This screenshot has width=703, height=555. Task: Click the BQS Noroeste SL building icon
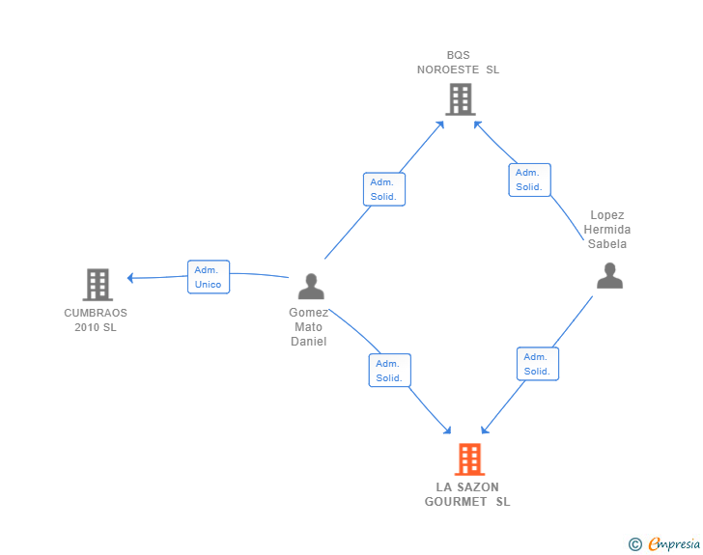pos(461,98)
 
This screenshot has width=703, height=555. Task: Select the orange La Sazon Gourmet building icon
pos(468,459)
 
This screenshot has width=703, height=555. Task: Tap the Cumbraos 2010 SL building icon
pos(97,285)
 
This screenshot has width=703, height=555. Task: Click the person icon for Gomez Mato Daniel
pos(310,287)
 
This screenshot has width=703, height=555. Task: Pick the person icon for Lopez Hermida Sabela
pos(609,275)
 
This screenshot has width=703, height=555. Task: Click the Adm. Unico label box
pos(208,277)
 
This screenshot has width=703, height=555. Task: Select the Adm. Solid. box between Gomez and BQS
pos(384,189)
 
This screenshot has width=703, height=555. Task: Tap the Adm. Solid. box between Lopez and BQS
pos(529,180)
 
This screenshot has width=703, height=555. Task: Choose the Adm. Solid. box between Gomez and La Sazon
pos(389,371)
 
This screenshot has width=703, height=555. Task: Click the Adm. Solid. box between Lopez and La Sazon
pos(537,364)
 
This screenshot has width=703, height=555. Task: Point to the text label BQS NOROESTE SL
pos(459,63)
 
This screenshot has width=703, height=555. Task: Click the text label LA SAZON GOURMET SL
pos(467,494)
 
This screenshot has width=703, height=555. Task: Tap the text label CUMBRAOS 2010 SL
pos(96,319)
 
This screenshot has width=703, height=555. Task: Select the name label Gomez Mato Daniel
pos(309,326)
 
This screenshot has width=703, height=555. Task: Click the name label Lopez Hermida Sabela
pos(607,230)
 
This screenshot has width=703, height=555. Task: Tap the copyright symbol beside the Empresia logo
pos(634,544)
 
